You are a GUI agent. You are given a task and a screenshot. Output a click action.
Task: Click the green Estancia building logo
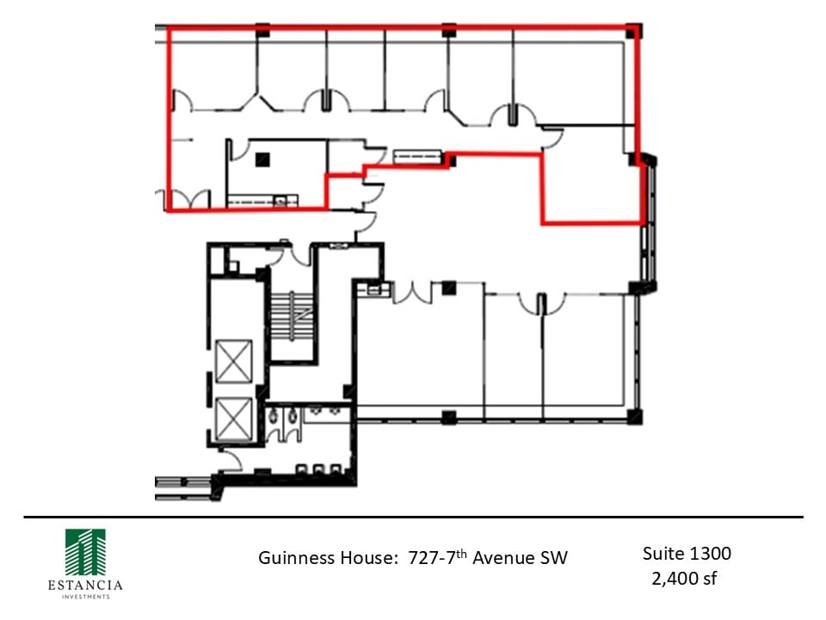85,551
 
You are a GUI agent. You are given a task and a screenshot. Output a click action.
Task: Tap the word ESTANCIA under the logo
85,586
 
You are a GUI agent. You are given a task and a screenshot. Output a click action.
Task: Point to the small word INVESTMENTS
85,596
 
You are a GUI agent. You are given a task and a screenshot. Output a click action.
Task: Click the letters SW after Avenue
554,558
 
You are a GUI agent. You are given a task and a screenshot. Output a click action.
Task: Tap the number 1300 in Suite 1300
710,553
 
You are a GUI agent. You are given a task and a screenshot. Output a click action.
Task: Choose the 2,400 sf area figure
685,578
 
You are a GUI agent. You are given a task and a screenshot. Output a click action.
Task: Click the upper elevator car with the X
234,361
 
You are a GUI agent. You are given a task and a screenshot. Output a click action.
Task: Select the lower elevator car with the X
234,418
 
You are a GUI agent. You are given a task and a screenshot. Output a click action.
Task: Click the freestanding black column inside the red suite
263,158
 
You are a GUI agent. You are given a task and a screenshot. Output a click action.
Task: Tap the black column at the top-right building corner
633,31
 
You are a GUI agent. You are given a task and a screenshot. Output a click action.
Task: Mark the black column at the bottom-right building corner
634,418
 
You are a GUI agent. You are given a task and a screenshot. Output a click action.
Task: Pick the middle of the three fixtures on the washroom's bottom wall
317,470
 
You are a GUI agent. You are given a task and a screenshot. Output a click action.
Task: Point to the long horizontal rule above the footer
413,517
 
